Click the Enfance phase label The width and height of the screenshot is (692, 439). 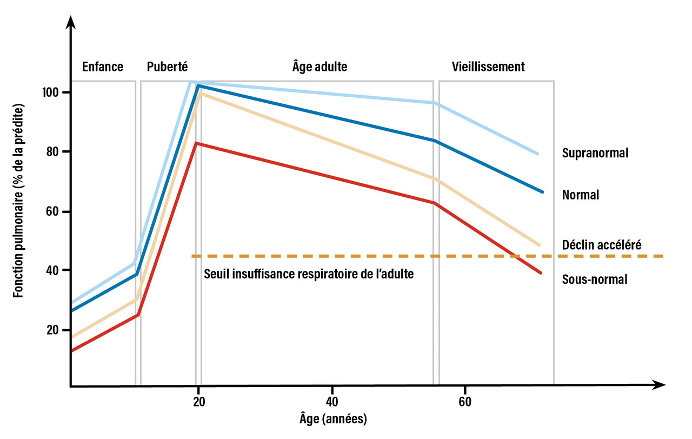[103, 67]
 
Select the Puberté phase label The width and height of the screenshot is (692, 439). [167, 67]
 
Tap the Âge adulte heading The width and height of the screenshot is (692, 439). [320, 67]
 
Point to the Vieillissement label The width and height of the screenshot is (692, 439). [488, 67]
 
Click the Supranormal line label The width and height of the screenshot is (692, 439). [595, 153]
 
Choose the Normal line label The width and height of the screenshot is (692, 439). [581, 195]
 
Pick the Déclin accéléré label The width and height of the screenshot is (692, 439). [602, 244]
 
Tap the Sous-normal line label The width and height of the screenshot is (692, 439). [595, 280]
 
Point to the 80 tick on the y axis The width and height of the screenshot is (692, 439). [53, 151]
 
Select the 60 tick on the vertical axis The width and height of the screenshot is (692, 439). [53, 211]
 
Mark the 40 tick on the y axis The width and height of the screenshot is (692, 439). [53, 270]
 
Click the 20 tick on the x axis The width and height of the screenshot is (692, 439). [199, 402]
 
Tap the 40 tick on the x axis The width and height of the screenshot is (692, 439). [332, 402]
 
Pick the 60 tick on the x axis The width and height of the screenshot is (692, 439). [465, 402]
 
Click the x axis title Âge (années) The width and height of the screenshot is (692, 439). [333, 419]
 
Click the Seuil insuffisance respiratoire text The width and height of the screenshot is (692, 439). [309, 274]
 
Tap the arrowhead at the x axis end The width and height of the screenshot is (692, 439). [660, 385]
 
